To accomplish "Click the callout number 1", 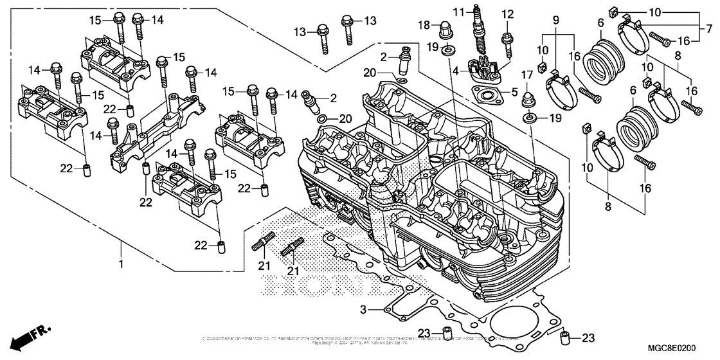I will coord(121,264).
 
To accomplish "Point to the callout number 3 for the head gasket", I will coord(364,310).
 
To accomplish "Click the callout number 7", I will coord(708,28).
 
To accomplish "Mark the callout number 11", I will coord(458,12).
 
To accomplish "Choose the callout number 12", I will coord(508,14).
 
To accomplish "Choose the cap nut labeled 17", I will coord(532,99).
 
